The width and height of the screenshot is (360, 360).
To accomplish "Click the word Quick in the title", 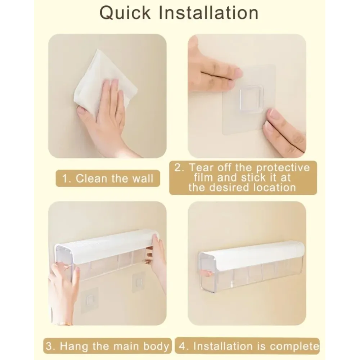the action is [x=125, y=13].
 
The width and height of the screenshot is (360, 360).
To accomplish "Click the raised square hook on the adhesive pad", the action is [x=251, y=99].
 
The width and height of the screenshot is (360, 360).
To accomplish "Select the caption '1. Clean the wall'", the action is [x=108, y=179].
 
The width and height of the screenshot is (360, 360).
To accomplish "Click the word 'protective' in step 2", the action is [x=283, y=168].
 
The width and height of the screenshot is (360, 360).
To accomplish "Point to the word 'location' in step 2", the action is [x=275, y=188].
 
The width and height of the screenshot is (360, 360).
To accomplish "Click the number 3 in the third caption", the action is [x=49, y=346].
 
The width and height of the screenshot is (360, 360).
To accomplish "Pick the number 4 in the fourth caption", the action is [x=182, y=346].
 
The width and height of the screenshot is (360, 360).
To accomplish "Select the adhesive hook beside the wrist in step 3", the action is [x=90, y=301].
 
